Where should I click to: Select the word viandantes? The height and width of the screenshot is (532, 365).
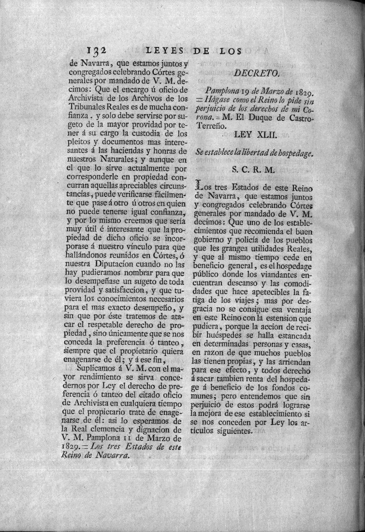[x=269, y=272]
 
